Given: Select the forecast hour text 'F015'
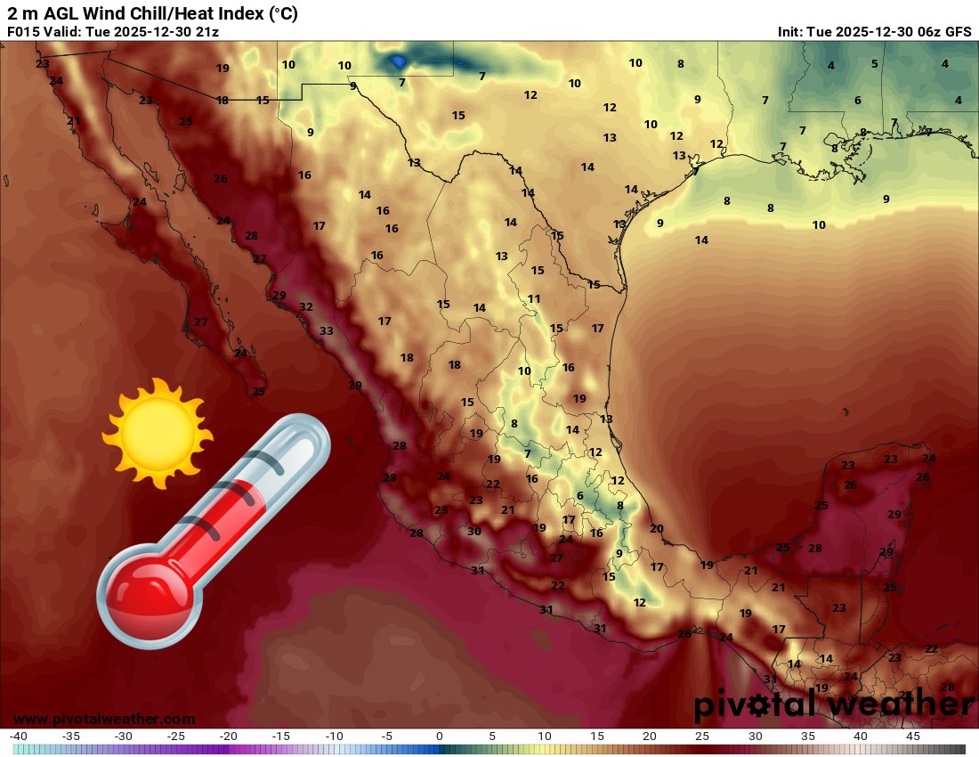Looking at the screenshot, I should point(22,31).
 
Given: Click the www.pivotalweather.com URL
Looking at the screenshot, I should point(104,719).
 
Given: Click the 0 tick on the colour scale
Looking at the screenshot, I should point(439,737).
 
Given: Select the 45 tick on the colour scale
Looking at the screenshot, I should point(912,737).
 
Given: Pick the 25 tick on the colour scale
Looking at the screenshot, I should point(702,737).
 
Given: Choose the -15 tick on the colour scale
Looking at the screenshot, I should point(281,737).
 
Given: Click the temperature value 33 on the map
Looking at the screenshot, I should point(327,331).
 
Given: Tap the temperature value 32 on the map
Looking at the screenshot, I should point(306,307).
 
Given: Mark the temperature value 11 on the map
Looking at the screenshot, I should point(534,299).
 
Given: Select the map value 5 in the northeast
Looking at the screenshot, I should point(874,63).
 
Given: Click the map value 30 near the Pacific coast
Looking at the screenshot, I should point(474,532).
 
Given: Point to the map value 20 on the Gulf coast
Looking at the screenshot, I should point(657,529).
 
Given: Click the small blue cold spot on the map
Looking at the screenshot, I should point(398,61).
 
